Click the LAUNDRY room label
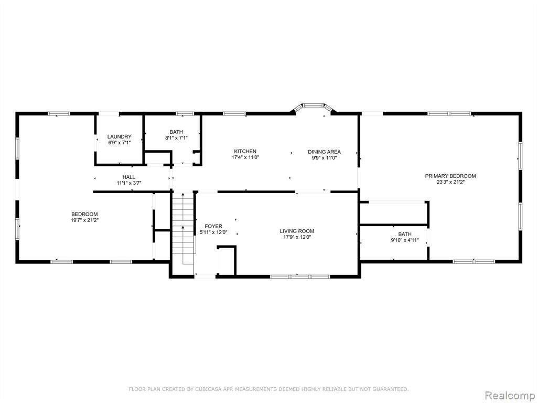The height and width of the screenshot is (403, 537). click(x=119, y=136)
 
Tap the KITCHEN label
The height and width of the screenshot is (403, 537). click(x=245, y=151)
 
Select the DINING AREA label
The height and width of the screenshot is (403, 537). click(x=324, y=152)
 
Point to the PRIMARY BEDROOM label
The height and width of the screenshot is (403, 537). click(x=450, y=176)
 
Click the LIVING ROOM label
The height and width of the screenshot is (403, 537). click(x=297, y=231)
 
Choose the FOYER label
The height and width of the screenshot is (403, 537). click(x=213, y=226)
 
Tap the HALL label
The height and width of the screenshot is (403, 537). click(x=129, y=177)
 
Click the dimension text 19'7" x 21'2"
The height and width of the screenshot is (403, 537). click(x=84, y=220)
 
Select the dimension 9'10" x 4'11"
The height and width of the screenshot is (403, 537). click(x=405, y=240)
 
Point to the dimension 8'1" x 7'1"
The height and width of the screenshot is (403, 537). click(x=176, y=138)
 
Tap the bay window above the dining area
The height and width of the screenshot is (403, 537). click(x=314, y=107)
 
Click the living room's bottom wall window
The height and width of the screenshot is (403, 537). click(x=300, y=276)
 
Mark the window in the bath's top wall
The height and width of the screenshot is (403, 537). click(x=185, y=113)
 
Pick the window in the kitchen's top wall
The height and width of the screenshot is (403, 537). click(x=234, y=113)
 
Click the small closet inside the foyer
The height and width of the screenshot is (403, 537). click(x=227, y=260)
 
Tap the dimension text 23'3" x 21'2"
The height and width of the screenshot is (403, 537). click(x=450, y=182)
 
